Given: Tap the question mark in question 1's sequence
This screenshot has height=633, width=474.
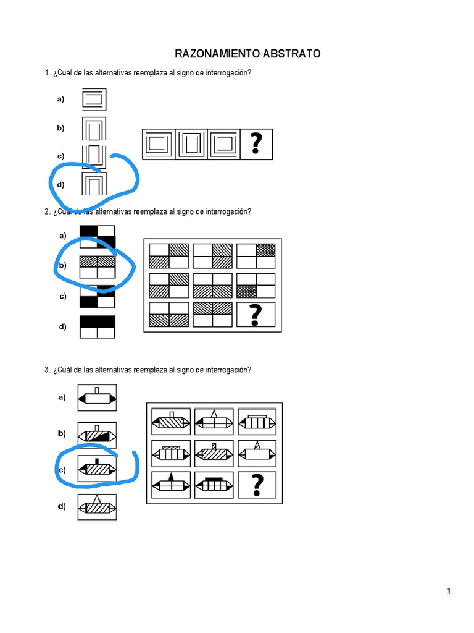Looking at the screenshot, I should [x=256, y=145].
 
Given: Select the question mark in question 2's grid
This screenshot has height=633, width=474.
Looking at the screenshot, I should [x=256, y=316].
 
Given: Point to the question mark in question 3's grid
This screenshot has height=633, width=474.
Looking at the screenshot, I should [x=256, y=485].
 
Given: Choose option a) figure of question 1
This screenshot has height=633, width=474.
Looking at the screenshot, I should [x=94, y=99].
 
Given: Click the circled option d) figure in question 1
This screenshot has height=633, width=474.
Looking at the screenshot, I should [x=94, y=184].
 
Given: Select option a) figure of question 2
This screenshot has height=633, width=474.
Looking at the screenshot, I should [x=98, y=236].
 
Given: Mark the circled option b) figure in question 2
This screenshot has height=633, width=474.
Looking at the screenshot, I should [x=98, y=266].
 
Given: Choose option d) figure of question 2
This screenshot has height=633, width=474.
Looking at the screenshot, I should [x=98, y=327].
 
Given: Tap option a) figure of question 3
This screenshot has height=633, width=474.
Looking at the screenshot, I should [x=97, y=398].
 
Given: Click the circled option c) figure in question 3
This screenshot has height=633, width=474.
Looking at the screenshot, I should [x=97, y=469].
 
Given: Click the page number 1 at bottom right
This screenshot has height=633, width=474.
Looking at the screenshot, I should [x=449, y=592].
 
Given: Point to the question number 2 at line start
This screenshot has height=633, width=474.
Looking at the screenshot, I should [x=47, y=211].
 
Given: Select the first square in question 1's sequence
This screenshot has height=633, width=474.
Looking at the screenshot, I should [x=159, y=145].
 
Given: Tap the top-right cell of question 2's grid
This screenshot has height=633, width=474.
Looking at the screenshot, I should [x=256, y=255].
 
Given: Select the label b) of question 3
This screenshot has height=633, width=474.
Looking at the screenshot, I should [x=61, y=433].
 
